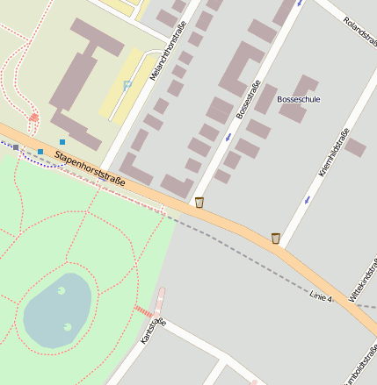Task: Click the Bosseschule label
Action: [299, 99]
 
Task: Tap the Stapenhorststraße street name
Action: [90, 168]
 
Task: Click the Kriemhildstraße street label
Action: [334, 153]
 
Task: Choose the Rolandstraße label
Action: [359, 32]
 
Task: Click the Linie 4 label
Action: [322, 298]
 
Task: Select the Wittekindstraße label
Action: [363, 285]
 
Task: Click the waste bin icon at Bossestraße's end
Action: [199, 203]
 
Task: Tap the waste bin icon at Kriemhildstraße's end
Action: [276, 238]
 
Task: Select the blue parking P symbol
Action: [127, 85]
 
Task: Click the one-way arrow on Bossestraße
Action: [228, 136]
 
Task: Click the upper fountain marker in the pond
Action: [61, 290]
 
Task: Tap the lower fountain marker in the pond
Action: [68, 327]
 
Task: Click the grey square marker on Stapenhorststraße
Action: [16, 147]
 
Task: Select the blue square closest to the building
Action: [62, 141]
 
